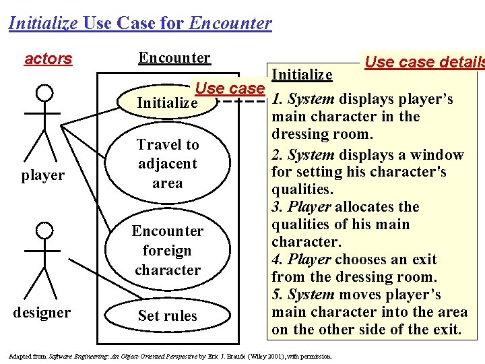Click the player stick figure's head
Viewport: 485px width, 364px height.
pos(44,92)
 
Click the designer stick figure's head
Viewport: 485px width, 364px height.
pos(44,231)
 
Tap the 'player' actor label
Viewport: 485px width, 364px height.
pos(42,175)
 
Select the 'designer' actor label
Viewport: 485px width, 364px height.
pos(41,312)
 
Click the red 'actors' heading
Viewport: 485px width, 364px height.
pos(48,59)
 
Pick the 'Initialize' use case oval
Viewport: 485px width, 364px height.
pos(167,103)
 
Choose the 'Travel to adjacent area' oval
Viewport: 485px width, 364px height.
pos(168,163)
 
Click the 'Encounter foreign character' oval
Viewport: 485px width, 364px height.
pos(168,250)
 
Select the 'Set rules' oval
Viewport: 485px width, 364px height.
pos(167,315)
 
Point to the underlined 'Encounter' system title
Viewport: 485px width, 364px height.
pos(174,58)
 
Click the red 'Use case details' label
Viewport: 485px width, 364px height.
pos(424,63)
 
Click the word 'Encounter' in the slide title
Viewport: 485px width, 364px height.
pos(231,24)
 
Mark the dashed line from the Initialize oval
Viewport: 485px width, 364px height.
pos(243,103)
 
